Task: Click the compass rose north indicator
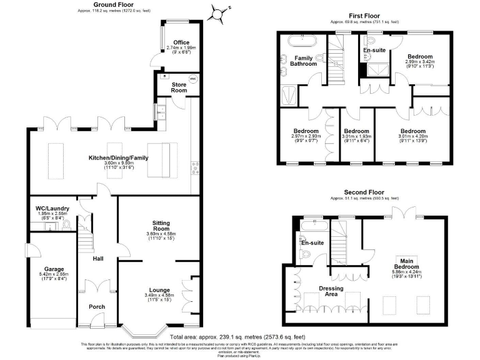217,12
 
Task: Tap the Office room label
181,42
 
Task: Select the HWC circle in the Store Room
192,79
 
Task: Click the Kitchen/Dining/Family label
119,158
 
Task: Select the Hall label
97,259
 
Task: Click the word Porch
96,307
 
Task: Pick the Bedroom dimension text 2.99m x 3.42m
418,61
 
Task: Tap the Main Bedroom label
407,262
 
